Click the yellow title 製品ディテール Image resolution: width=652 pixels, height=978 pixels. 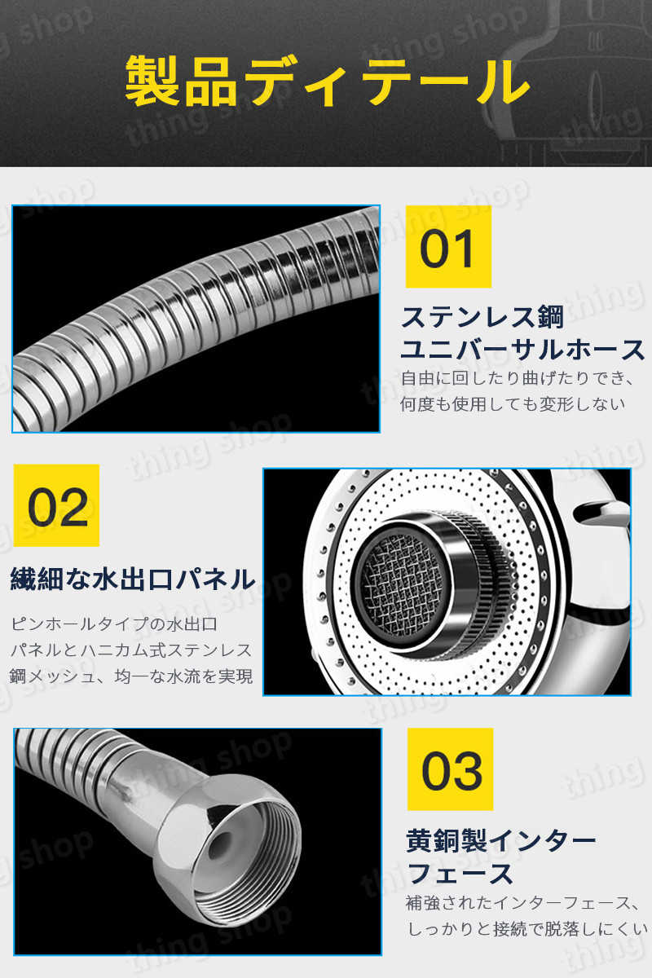(328, 81)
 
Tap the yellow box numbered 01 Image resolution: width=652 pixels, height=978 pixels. (448, 247)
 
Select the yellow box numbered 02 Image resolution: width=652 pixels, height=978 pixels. (56, 505)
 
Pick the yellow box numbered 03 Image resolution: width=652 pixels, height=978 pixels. (450, 769)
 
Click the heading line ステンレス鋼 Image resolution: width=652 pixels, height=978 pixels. (482, 317)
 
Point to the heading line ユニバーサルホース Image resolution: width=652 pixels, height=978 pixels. (522, 350)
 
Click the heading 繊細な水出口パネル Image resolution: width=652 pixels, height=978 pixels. (132, 579)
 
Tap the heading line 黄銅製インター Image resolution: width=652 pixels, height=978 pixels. (501, 840)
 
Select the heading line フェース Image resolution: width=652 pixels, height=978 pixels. (460, 874)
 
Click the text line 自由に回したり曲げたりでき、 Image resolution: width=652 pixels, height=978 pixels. (518, 378)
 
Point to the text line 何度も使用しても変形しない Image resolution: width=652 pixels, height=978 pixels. (513, 404)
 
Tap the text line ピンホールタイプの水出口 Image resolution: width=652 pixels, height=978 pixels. (114, 624)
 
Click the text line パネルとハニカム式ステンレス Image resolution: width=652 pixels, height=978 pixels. (131, 650)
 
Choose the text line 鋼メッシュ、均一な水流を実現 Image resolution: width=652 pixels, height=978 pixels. (131, 676)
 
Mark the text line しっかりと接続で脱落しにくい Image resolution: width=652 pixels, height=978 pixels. (527, 929)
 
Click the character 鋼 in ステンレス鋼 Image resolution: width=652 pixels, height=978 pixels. (550, 317)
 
